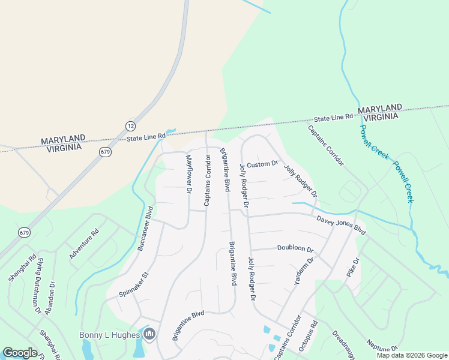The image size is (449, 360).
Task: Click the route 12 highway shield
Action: [130, 125]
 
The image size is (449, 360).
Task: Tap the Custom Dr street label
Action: [263, 164]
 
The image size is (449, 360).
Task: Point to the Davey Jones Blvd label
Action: [341, 225]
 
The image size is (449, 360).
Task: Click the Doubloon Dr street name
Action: [295, 248]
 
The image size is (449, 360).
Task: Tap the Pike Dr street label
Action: [352, 268]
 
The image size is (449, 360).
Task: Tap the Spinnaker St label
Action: [133, 286]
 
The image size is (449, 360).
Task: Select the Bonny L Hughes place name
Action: [110, 334]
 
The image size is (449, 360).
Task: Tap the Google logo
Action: [20, 353]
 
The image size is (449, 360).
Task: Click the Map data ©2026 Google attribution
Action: [411, 355]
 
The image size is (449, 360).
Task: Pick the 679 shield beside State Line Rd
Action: [106, 152]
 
